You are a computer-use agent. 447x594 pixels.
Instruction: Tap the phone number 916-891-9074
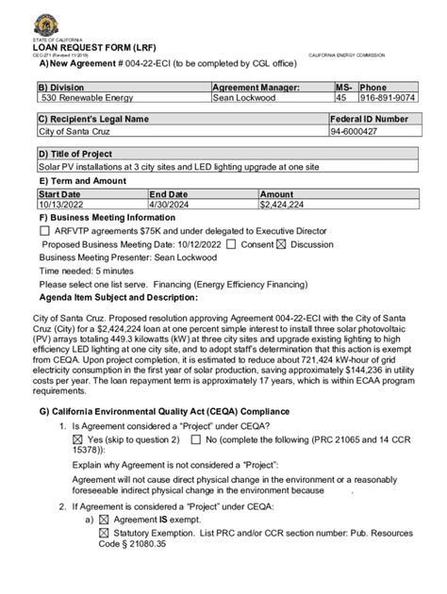coord(387,97)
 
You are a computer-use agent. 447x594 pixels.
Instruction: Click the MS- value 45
coord(341,97)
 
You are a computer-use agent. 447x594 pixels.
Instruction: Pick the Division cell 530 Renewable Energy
coord(79,97)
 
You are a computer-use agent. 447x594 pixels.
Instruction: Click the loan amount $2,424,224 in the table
coord(282,204)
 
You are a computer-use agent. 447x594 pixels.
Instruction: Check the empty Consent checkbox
coord(232,243)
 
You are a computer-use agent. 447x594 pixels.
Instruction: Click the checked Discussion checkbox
coord(280,243)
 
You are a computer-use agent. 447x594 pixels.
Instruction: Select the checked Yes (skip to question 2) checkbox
coord(77,440)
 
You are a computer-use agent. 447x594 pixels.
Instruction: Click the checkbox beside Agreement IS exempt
coord(104,520)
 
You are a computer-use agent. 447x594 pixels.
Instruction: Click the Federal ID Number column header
coord(370,120)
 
